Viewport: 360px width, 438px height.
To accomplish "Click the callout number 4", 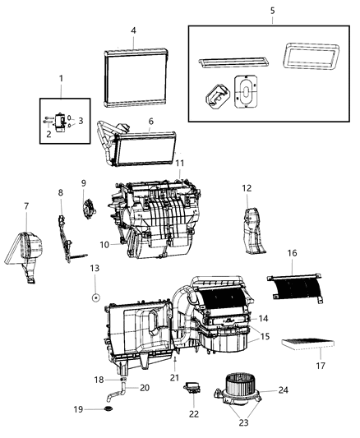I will [x=132, y=31].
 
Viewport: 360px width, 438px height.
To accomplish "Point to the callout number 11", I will [x=179, y=164].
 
